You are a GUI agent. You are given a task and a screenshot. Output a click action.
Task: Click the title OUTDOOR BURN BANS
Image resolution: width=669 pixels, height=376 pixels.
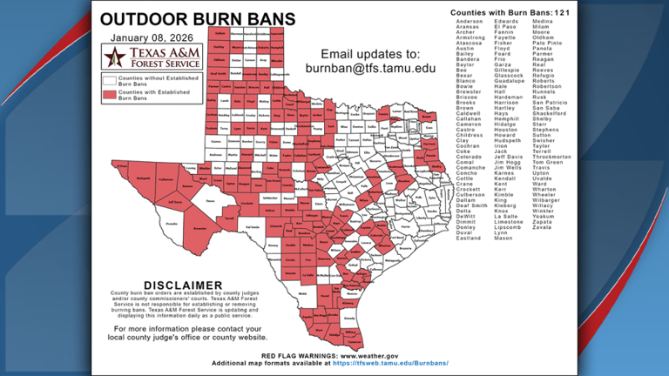(198, 19)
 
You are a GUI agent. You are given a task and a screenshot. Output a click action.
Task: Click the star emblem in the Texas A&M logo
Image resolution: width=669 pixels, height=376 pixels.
(113, 57)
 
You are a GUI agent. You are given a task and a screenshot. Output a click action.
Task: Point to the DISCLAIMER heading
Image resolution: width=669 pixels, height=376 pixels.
(184, 285)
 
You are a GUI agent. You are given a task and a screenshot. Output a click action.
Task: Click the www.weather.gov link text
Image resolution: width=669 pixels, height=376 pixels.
(369, 356)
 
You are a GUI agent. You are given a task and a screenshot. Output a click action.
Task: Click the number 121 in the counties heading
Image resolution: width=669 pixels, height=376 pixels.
(568, 13)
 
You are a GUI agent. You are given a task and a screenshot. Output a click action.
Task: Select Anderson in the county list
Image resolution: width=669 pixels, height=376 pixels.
(471, 22)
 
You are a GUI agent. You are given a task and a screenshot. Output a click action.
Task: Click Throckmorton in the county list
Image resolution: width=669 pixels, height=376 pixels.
(554, 156)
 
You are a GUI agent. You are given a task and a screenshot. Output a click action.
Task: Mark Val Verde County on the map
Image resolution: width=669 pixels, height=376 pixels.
(253, 227)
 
